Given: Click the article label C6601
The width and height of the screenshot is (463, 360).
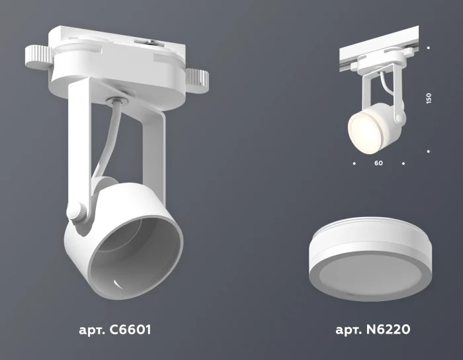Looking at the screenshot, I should point(112,329).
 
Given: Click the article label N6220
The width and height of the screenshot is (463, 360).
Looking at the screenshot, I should point(375,329).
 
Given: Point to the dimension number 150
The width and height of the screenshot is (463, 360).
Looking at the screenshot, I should point(429,98).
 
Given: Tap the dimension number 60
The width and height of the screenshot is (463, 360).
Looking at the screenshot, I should point(378,162).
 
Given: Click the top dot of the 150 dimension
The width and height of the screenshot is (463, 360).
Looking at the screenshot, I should point(429,48).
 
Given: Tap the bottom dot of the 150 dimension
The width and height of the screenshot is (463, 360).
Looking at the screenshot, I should point(429,152).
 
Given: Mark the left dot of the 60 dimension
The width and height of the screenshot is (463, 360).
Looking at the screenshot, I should point(355,162).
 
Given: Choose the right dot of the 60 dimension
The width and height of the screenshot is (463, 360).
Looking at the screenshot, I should point(403,162).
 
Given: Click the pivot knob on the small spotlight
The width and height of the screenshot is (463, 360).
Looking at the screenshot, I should point(399,118).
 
